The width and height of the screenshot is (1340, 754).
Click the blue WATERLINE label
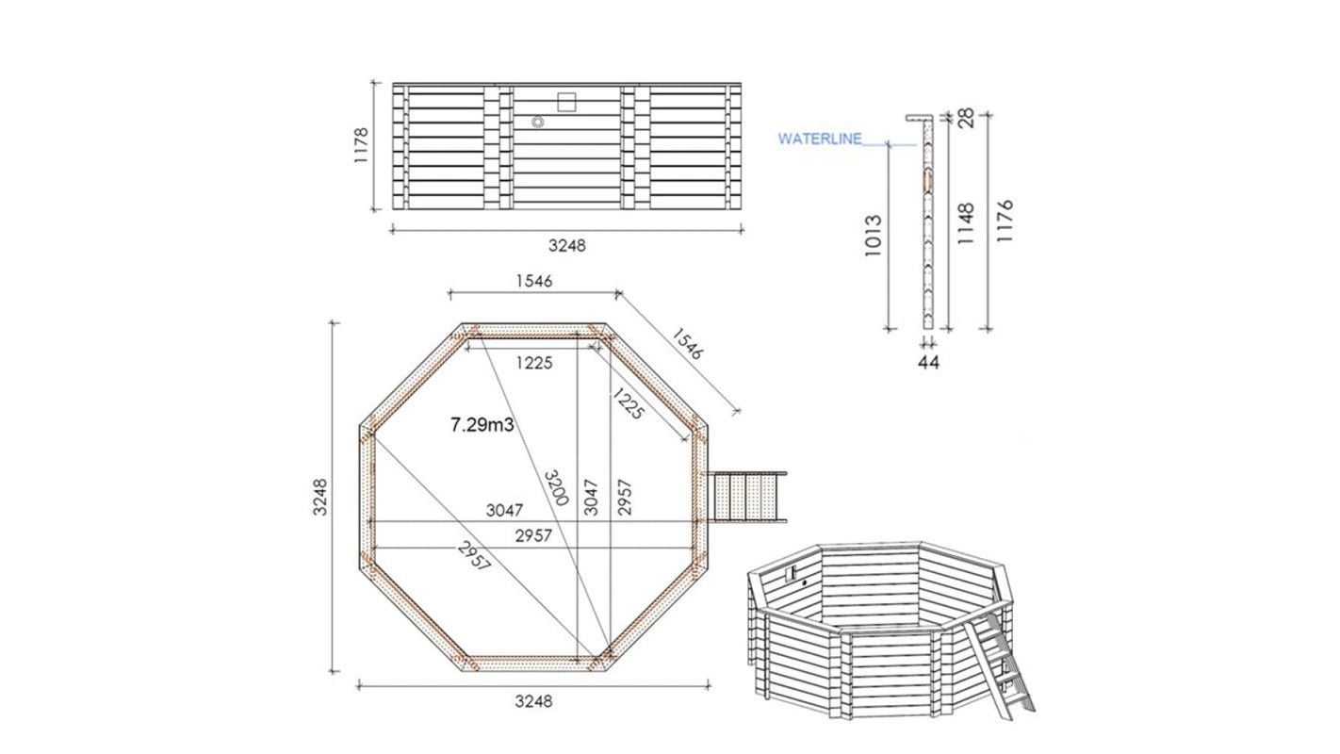[820, 139]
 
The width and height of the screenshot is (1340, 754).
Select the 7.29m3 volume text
[482, 425]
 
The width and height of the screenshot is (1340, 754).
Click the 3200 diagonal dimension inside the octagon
[555, 484]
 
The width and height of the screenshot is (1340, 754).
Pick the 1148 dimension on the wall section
[966, 223]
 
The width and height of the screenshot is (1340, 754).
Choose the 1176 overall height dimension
[1005, 221]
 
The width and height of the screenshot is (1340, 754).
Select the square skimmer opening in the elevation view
[567, 101]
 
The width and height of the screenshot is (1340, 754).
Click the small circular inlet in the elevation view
[538, 123]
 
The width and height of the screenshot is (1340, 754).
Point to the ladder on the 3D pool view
[1010, 661]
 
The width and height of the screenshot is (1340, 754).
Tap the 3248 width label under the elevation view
[566, 245]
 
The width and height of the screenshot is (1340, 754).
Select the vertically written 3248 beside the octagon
[321, 497]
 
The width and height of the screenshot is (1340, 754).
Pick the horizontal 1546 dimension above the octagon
[533, 280]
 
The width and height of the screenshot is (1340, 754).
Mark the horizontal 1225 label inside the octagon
[533, 362]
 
